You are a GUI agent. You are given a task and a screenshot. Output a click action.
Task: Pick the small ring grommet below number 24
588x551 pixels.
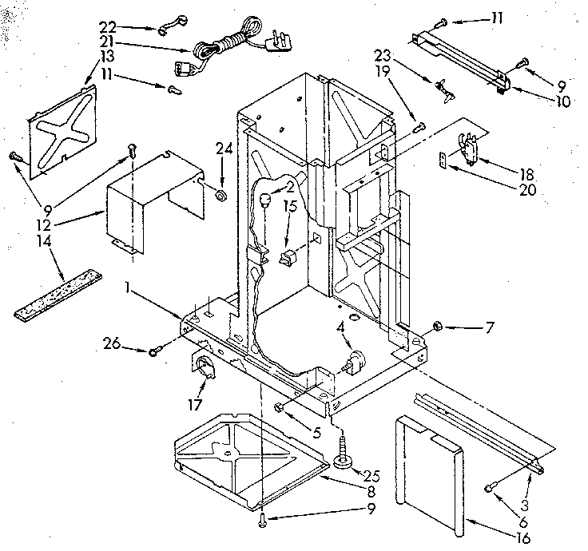click(x=221, y=196)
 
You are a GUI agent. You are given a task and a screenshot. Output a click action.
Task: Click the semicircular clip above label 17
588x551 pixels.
click(x=207, y=367)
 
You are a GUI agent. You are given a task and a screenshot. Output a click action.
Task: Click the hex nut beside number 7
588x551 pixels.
click(x=438, y=325)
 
